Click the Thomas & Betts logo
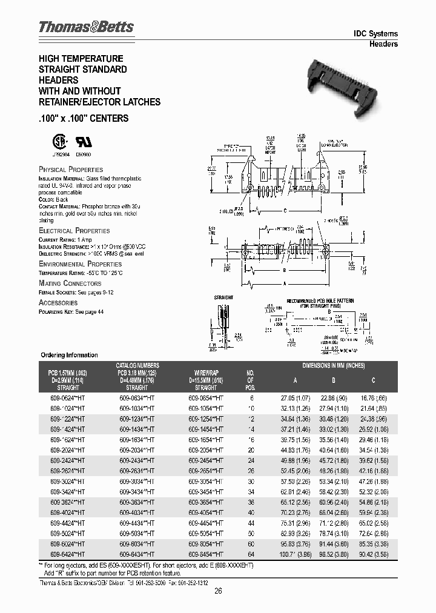point(86,27)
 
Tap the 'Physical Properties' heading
point(71,170)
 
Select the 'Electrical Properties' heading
point(74,231)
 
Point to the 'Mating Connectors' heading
point(70,283)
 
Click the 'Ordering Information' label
point(69,355)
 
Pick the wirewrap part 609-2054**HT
point(206,452)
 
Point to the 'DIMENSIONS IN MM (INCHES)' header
point(333,365)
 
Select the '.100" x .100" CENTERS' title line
point(84,118)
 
